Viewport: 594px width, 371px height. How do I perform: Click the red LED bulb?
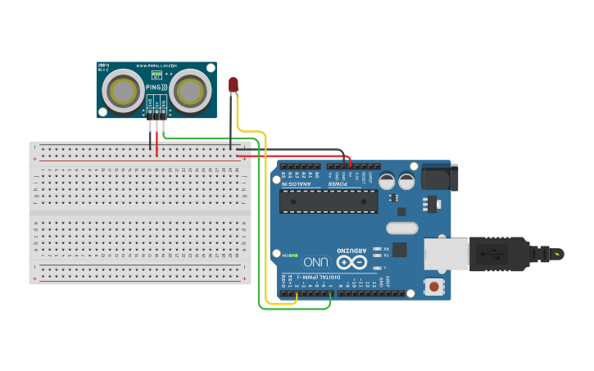pos(234,84)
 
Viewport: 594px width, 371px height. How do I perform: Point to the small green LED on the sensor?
pos(156,74)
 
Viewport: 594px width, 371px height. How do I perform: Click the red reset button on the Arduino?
pos(433,287)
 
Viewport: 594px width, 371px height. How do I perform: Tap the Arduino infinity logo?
pos(353,262)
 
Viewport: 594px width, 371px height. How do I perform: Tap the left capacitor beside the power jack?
pos(386,182)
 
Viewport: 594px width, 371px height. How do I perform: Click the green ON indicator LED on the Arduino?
pos(276,256)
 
